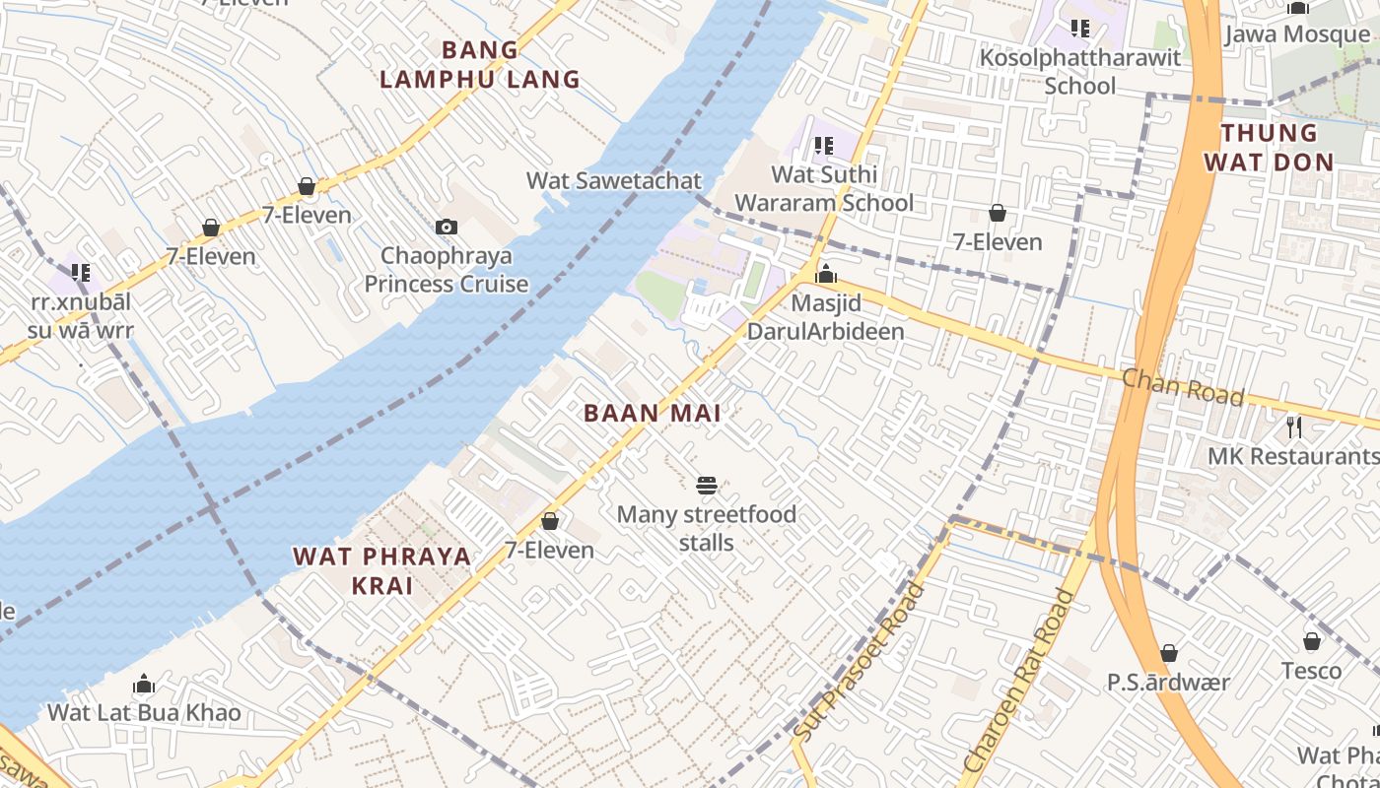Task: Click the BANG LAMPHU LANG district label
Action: (x=480, y=65)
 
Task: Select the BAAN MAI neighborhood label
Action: (x=653, y=414)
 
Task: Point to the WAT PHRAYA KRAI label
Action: (x=382, y=570)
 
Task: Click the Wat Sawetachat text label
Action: (x=614, y=180)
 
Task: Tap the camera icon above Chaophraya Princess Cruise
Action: (x=447, y=228)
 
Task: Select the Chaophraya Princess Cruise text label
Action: (x=447, y=270)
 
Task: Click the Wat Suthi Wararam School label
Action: (x=824, y=189)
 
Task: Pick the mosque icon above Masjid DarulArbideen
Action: (x=826, y=274)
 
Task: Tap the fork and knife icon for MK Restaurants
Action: (x=1294, y=427)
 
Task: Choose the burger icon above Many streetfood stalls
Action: (x=707, y=485)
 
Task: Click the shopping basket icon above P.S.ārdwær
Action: (x=1169, y=653)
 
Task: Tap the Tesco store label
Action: (x=1311, y=671)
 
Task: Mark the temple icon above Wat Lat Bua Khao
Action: (x=144, y=684)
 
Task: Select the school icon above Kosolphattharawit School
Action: (x=1080, y=29)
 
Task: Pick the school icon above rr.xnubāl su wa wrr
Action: (x=80, y=273)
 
